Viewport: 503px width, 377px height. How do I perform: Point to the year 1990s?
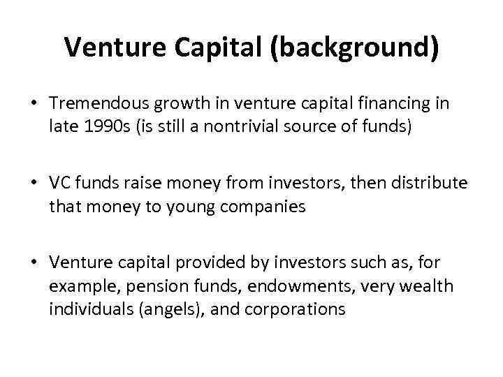tap(101, 126)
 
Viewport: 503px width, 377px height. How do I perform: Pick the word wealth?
tap(428, 286)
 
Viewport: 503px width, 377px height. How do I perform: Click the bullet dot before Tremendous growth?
tap(34, 103)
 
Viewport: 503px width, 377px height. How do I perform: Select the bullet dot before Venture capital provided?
tap(34, 264)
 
